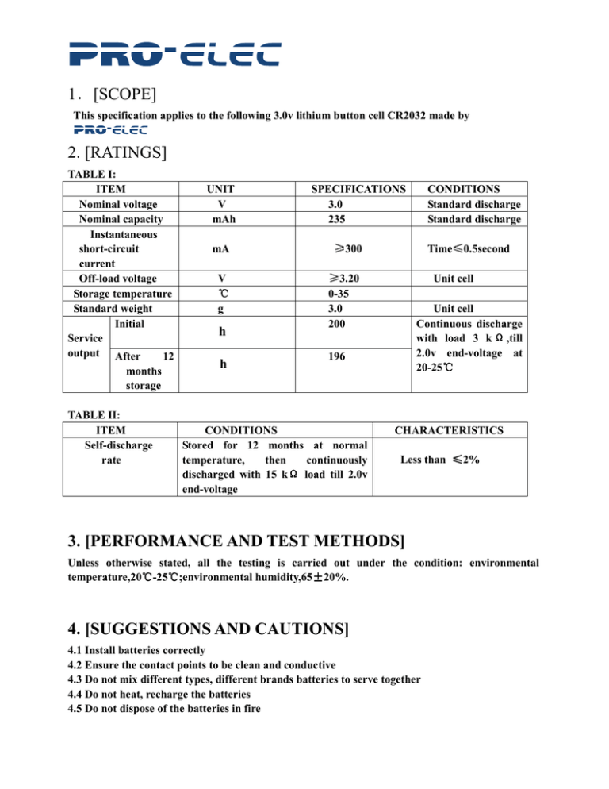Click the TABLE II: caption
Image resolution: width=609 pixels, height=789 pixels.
point(91,415)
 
